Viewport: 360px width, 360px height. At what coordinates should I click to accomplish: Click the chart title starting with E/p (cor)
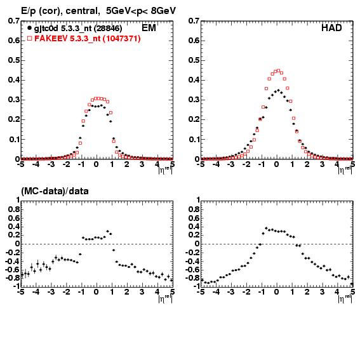click(98, 11)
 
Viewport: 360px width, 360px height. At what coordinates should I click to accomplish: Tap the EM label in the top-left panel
click(149, 28)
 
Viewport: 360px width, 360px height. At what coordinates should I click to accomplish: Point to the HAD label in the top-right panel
click(331, 28)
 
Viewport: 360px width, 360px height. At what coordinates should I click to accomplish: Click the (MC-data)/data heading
click(55, 191)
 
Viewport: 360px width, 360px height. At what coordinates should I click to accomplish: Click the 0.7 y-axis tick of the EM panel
click(14, 21)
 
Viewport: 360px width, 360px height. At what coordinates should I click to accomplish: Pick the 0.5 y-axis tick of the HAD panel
click(194, 60)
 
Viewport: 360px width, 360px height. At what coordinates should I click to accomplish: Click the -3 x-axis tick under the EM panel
click(51, 164)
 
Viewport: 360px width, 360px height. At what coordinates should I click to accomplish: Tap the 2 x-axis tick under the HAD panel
click(307, 164)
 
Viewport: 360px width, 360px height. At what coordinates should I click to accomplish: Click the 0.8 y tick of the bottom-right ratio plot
click(194, 209)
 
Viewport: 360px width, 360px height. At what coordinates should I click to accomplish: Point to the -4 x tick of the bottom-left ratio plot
click(36, 292)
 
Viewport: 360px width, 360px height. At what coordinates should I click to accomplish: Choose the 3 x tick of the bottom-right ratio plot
click(323, 292)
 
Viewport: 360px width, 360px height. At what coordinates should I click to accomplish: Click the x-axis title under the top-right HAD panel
click(345, 170)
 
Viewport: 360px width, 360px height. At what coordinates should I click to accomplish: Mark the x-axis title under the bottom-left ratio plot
click(165, 298)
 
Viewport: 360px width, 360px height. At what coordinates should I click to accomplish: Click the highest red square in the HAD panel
click(279, 70)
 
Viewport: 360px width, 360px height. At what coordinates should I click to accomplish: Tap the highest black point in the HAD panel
click(279, 90)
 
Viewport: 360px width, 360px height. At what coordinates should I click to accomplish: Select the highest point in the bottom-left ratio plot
click(107, 231)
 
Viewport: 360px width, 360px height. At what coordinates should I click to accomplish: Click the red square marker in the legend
click(29, 38)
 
